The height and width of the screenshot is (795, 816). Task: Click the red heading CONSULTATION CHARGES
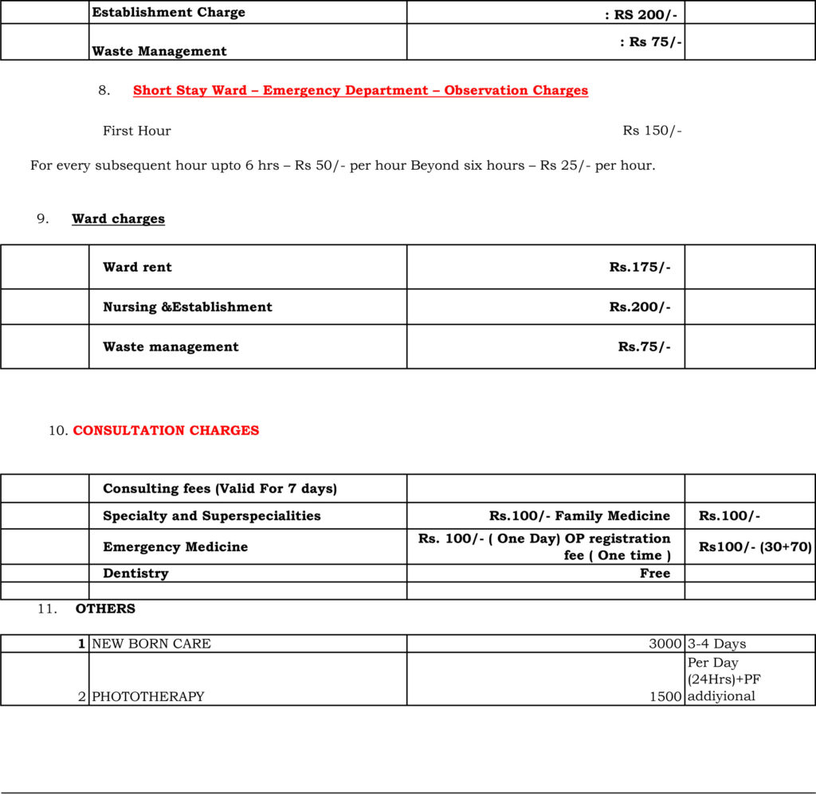coord(166,430)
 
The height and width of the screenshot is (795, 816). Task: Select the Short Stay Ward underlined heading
coord(360,90)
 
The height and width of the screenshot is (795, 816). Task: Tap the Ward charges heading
coord(118,219)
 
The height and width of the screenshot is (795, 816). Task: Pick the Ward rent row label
coord(137,267)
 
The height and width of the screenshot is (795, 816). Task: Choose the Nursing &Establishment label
coord(187,307)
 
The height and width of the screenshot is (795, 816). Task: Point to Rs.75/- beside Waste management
coord(644,347)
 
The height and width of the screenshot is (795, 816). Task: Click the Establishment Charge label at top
coord(168,12)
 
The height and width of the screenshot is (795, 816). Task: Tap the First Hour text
coord(136,131)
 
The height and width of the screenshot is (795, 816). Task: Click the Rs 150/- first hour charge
coord(652,131)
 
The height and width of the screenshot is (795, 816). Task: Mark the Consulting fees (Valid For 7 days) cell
coord(220,488)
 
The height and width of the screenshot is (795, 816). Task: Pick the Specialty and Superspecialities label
coord(211,515)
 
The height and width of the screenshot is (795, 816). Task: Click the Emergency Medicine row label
coord(175,546)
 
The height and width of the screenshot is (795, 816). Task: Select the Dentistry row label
coord(135,573)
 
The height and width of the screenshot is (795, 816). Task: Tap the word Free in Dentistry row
coord(654,573)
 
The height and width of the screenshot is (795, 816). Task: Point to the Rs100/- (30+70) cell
coord(755,546)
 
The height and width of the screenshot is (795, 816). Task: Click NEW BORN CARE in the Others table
coord(151,644)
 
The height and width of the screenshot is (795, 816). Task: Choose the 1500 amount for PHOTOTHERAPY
coord(666,696)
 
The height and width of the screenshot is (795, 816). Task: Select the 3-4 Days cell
coord(716,644)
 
